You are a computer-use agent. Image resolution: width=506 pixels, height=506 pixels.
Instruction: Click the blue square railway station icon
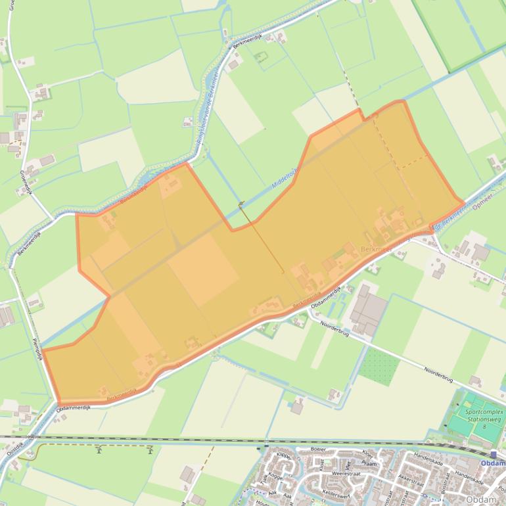point(493,454)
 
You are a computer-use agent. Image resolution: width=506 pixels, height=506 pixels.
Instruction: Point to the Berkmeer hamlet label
point(377,250)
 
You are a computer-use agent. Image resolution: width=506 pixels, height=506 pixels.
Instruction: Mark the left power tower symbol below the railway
point(99,450)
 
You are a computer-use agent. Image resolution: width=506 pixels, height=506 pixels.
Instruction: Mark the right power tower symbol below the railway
point(150,450)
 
